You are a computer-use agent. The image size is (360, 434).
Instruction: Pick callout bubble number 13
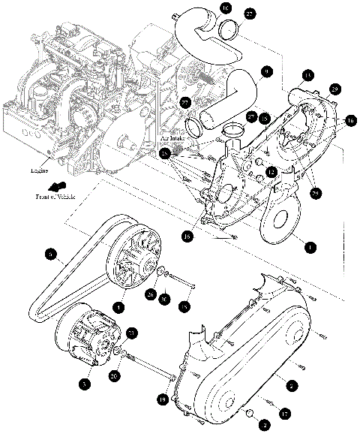click(x=307, y=75)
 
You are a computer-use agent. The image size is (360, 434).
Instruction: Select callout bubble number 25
click(x=164, y=153)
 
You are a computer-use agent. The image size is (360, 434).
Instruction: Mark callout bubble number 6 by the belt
click(x=51, y=256)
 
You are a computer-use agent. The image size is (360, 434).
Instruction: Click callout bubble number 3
click(x=84, y=383)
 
